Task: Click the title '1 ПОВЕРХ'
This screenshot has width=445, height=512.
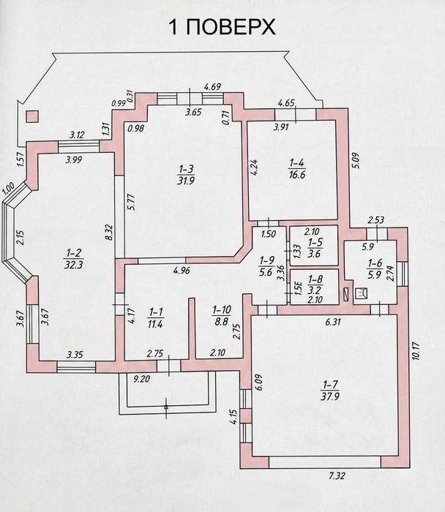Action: click(x=222, y=27)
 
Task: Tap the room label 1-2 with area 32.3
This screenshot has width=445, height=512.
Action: click(x=73, y=258)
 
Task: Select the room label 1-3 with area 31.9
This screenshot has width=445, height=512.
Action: click(x=186, y=175)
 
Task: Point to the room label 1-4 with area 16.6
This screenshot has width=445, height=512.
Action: click(x=297, y=168)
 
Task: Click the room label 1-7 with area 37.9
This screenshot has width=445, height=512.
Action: click(x=330, y=390)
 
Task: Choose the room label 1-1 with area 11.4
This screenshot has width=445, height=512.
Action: click(x=155, y=318)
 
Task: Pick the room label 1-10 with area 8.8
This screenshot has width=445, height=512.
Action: click(x=222, y=315)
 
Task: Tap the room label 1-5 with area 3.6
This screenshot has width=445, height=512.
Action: click(x=315, y=248)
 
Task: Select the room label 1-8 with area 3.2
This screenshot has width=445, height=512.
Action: click(x=315, y=285)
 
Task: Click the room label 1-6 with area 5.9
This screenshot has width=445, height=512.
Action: click(x=375, y=268)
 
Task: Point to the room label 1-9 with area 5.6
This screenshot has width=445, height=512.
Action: click(x=266, y=266)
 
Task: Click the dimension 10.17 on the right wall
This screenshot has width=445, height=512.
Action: click(x=416, y=350)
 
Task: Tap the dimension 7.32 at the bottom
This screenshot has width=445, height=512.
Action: click(x=337, y=475)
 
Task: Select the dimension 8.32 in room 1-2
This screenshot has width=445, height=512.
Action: click(x=110, y=233)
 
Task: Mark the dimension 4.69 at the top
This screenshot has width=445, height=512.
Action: click(x=212, y=87)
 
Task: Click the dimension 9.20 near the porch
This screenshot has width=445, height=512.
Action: click(x=141, y=378)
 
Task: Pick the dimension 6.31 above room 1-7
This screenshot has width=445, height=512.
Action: click(x=333, y=322)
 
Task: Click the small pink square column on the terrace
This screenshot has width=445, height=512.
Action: click(x=32, y=116)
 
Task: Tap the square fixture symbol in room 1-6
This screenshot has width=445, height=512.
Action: click(x=361, y=293)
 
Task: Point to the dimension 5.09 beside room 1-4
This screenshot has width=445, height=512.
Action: click(x=356, y=161)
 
